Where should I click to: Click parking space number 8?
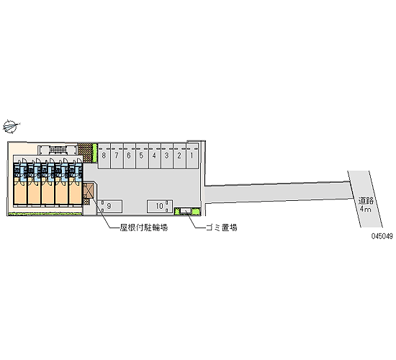[104, 156]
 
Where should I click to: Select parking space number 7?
[117, 156]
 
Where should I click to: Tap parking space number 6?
[129, 156]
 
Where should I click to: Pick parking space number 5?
[142, 156]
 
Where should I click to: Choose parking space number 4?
[154, 156]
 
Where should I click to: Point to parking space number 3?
[167, 156]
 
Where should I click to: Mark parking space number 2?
[179, 156]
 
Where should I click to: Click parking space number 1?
[192, 156]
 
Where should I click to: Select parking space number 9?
[109, 207]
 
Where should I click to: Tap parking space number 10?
[160, 207]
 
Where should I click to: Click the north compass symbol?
[11, 126]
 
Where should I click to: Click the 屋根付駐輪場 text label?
[144, 228]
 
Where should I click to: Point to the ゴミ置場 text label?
[222, 228]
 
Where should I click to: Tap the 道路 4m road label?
[366, 205]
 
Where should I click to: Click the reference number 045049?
[382, 236]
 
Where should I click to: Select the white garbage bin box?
[186, 211]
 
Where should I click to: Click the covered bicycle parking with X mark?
[89, 191]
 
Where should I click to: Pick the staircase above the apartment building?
[58, 150]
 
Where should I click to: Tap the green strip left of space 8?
[94, 153]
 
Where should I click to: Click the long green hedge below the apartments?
[45, 214]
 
